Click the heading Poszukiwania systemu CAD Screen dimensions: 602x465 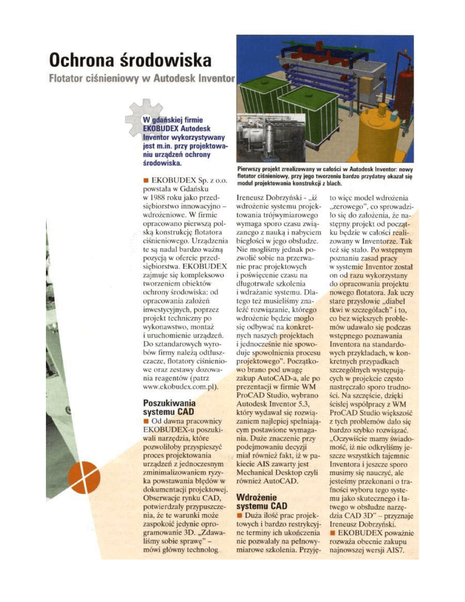[x=170, y=407]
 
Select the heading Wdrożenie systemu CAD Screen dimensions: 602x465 [x=261, y=501]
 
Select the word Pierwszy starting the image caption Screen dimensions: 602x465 [x=250, y=169]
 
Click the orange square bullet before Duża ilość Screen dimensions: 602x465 [x=239, y=515]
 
